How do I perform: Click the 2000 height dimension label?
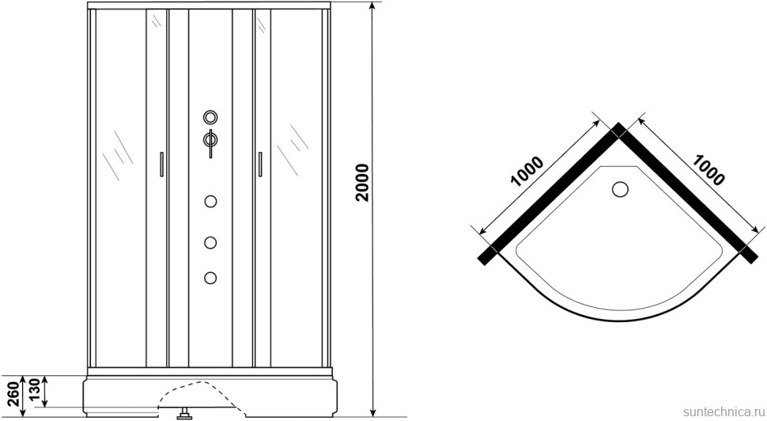[362, 183]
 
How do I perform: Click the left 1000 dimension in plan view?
[527, 172]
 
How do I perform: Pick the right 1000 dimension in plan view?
[708, 170]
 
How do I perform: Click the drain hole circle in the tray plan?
[621, 189]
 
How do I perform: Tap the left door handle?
[161, 164]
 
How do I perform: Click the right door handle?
[260, 164]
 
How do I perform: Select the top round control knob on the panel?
[210, 117]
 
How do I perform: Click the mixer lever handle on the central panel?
[210, 143]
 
